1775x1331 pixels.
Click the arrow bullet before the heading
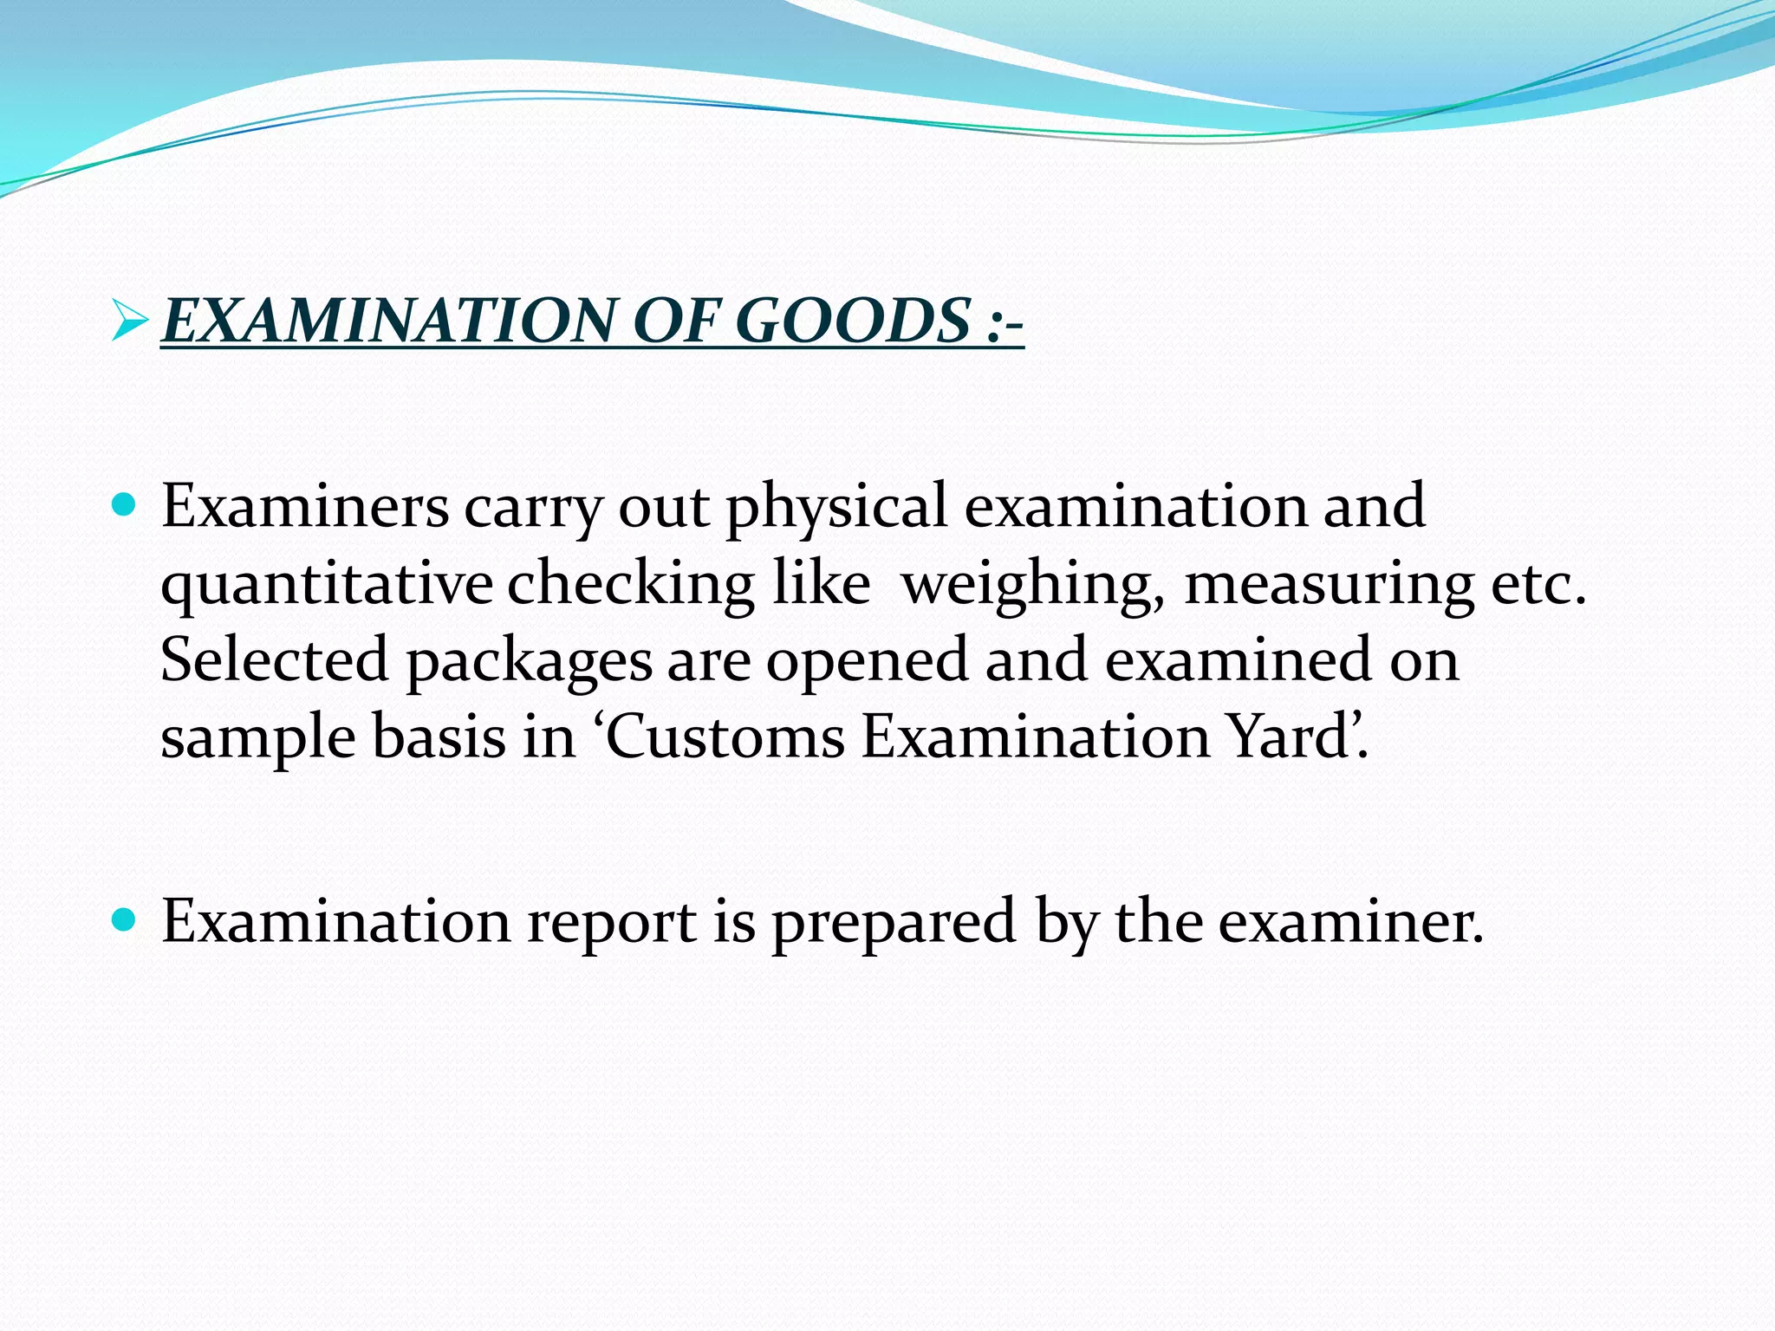(130, 321)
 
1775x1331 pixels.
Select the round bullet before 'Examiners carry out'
(125, 504)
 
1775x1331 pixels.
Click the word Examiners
(305, 506)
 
